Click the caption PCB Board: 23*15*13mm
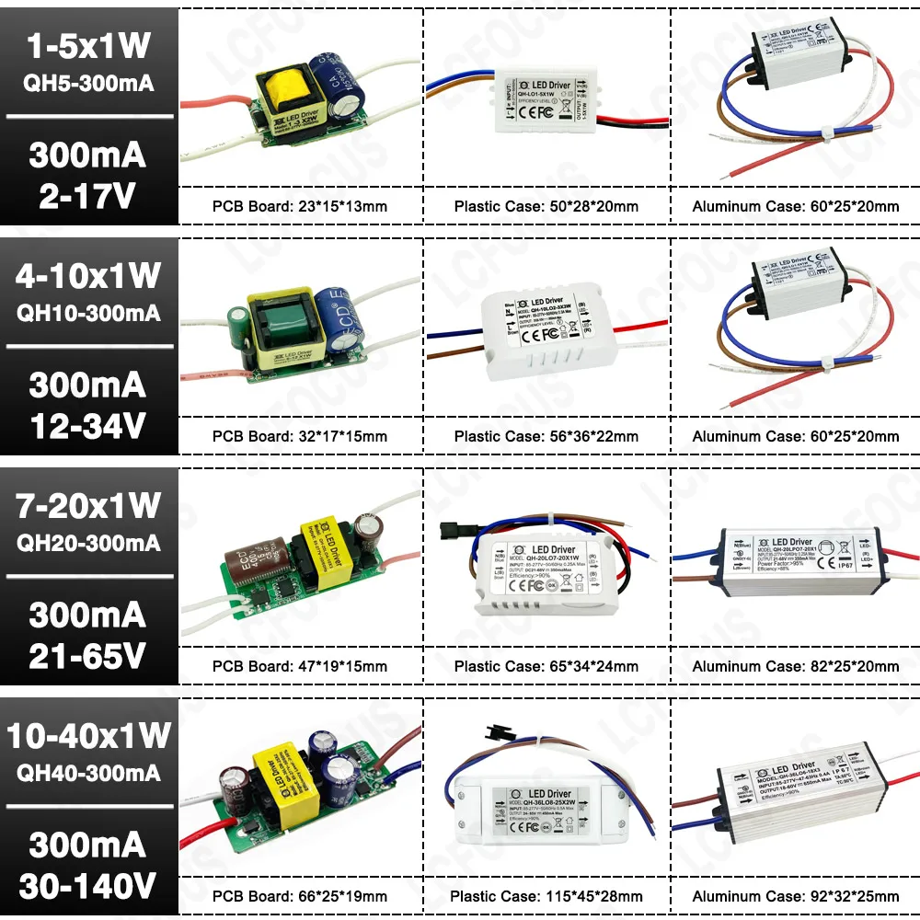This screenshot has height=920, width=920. tap(300, 206)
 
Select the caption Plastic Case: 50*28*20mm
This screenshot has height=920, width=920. tap(546, 206)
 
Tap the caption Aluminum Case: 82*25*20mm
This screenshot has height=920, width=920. tap(796, 666)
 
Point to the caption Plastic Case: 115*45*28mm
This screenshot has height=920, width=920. tap(546, 896)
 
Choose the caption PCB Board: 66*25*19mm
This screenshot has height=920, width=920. tap(300, 896)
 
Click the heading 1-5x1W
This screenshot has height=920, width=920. tap(89, 46)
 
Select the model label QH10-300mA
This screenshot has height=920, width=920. tap(89, 313)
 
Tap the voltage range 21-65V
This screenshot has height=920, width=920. tap(89, 655)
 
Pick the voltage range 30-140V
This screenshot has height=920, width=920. tap(89, 885)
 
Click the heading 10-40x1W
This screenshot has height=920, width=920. tap(89, 735)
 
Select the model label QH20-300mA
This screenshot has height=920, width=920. tap(89, 543)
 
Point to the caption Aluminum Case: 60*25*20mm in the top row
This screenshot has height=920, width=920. tap(796, 206)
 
